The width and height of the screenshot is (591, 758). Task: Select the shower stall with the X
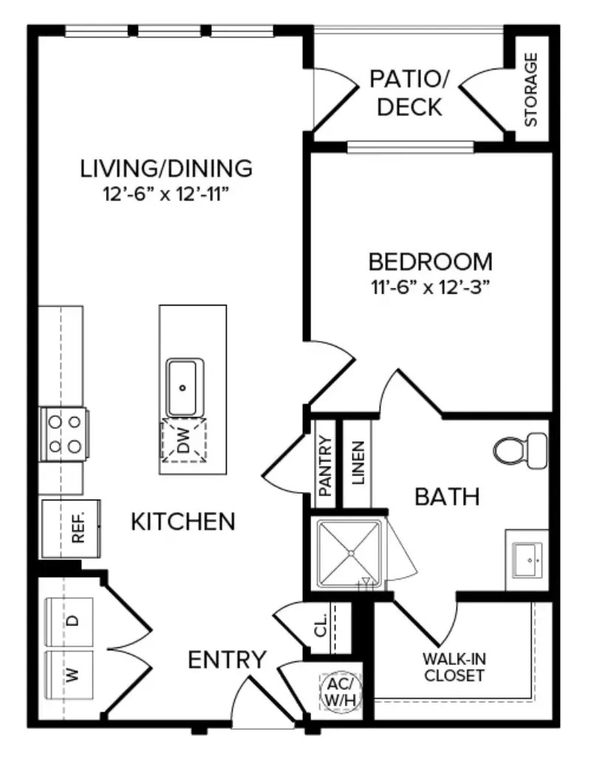pos(350,554)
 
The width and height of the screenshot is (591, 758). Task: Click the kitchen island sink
pos(184,387)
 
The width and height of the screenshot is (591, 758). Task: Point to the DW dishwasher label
pos(183,442)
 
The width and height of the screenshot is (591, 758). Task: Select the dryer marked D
pos(70,621)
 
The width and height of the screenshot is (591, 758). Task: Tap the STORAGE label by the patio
pos(530,89)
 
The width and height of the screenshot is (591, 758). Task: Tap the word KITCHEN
pos(182,522)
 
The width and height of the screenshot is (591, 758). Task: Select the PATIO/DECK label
pos(409,92)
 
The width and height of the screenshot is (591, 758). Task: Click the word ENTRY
pos(227,659)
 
